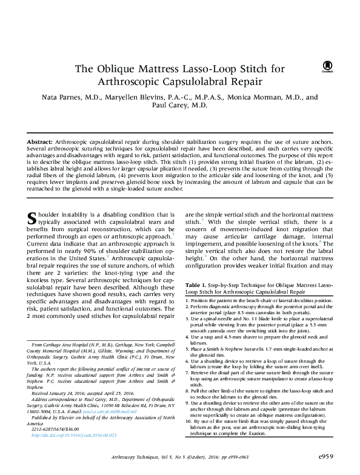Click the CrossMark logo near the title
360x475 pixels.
(x=328, y=66)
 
